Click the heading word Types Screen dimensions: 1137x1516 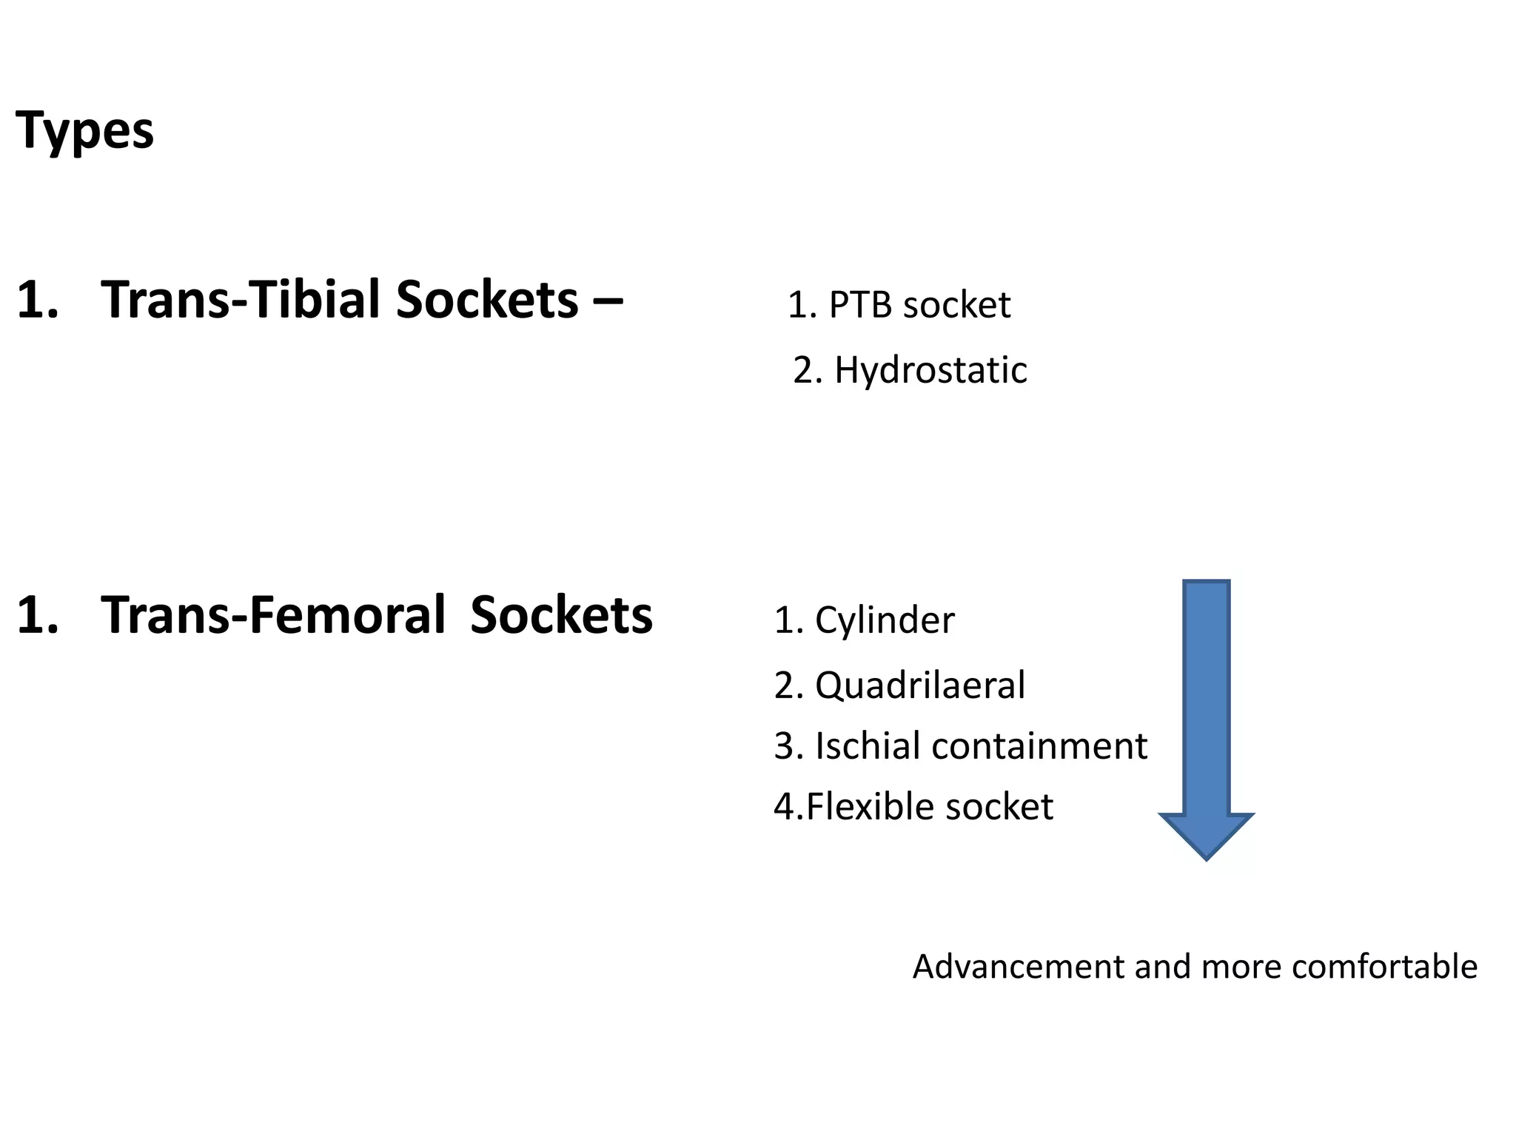click(84, 130)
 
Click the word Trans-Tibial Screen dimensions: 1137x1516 click(240, 300)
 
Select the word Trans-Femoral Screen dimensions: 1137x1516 click(273, 615)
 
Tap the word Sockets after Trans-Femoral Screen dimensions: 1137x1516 click(561, 615)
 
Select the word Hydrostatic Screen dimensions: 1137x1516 click(930, 370)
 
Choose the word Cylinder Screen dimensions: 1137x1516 click(885, 620)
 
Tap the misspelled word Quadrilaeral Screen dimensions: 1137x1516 click(920, 685)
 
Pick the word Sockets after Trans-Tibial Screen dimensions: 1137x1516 click(486, 300)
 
